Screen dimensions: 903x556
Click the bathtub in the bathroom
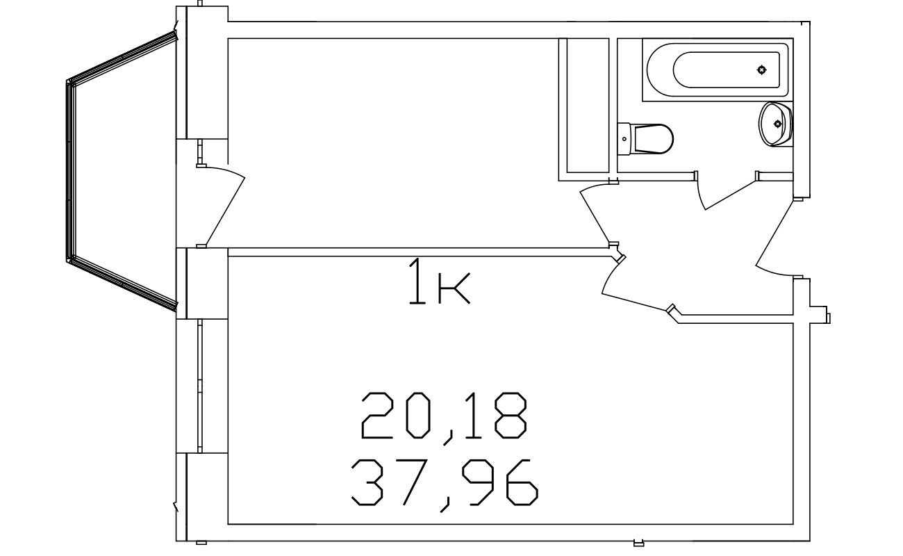point(718,69)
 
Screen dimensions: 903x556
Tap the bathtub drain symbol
point(761,69)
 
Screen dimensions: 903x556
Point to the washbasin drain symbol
point(778,124)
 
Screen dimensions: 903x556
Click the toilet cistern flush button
point(624,139)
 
